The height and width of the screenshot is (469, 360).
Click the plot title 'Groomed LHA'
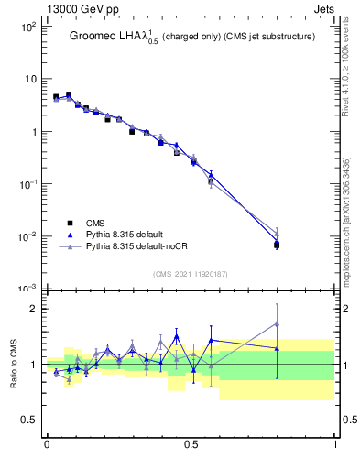101,37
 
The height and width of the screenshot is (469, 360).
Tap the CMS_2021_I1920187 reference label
191,273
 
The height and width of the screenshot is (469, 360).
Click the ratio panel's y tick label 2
34,309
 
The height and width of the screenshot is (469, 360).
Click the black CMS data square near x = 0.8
277,245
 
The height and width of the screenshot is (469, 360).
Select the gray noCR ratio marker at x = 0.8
277,324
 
